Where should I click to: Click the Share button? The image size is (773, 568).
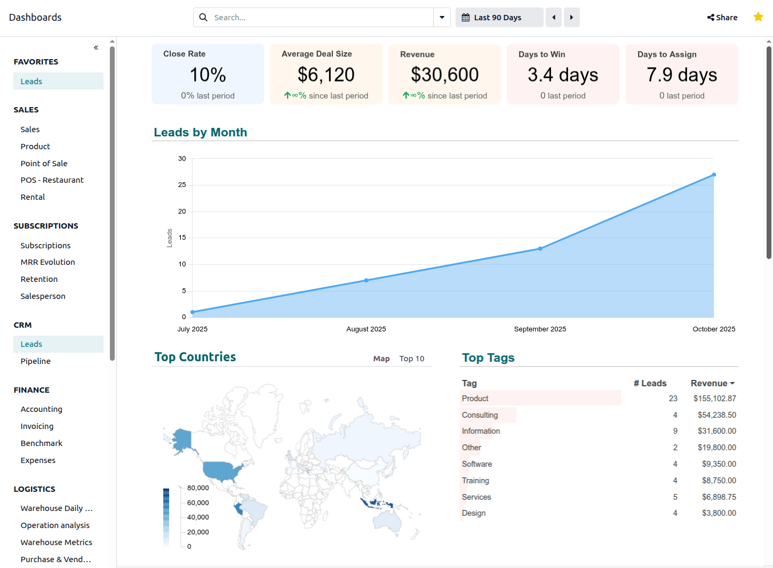coord(722,18)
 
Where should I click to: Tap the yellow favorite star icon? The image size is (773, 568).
coord(758,17)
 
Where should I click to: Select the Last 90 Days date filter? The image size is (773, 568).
coord(499,18)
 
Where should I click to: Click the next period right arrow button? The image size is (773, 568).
coord(571,18)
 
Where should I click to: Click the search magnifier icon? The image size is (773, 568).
coord(203,18)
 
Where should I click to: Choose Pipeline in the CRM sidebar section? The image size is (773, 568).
coord(36,361)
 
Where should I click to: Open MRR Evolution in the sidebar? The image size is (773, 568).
coord(48,262)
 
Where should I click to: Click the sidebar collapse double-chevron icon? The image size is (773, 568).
coord(96,47)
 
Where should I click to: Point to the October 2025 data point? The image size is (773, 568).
coord(714,175)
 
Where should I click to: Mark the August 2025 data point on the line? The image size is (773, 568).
coord(366,280)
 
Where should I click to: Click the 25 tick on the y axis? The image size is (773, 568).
coord(182,185)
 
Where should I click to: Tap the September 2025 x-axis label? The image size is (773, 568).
coord(540,329)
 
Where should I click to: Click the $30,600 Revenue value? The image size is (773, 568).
coord(444,75)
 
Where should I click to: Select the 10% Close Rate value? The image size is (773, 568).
coord(208,75)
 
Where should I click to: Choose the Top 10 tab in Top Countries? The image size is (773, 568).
coord(412,359)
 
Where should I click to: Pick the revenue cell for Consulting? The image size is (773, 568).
coord(716,415)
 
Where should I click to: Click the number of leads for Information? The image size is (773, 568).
coord(675,431)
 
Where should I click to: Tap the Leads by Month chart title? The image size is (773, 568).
coord(201,132)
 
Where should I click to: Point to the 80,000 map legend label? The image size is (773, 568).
coord(198,488)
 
